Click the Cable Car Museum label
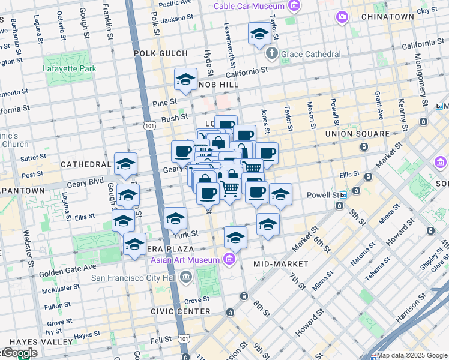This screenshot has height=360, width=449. pyautogui.click(x=249, y=6)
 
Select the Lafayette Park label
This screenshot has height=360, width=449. pyautogui.click(x=70, y=68)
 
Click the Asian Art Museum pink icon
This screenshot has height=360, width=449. pyautogui.click(x=229, y=259)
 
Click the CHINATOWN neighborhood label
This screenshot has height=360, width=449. pyautogui.click(x=388, y=17)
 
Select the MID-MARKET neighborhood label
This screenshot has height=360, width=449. pyautogui.click(x=280, y=263)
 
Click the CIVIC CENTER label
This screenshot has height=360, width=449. pyautogui.click(x=181, y=311)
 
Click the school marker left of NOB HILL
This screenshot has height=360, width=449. pyautogui.click(x=185, y=80)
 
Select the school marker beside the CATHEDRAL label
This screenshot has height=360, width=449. pyautogui.click(x=125, y=164)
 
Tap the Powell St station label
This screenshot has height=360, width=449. pyautogui.click(x=324, y=195)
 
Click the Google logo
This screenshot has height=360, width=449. pyautogui.click(x=19, y=353)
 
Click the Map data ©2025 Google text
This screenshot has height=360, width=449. pyautogui.click(x=412, y=355)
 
